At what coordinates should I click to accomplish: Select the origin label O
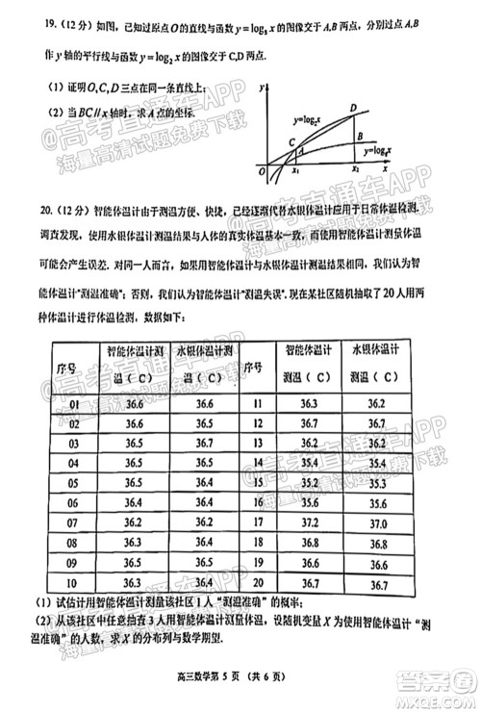click(x=262, y=171)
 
